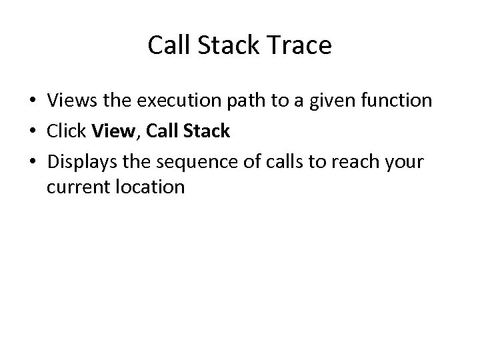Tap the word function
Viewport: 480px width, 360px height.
[x=397, y=101]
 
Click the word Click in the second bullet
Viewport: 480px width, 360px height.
[x=67, y=131]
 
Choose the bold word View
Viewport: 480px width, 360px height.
[x=115, y=131]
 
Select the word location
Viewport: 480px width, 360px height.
[x=151, y=187]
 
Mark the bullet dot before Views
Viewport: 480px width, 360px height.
[x=32, y=102]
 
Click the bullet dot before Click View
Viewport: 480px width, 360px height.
[x=32, y=131]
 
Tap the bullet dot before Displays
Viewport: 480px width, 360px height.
[x=32, y=161]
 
